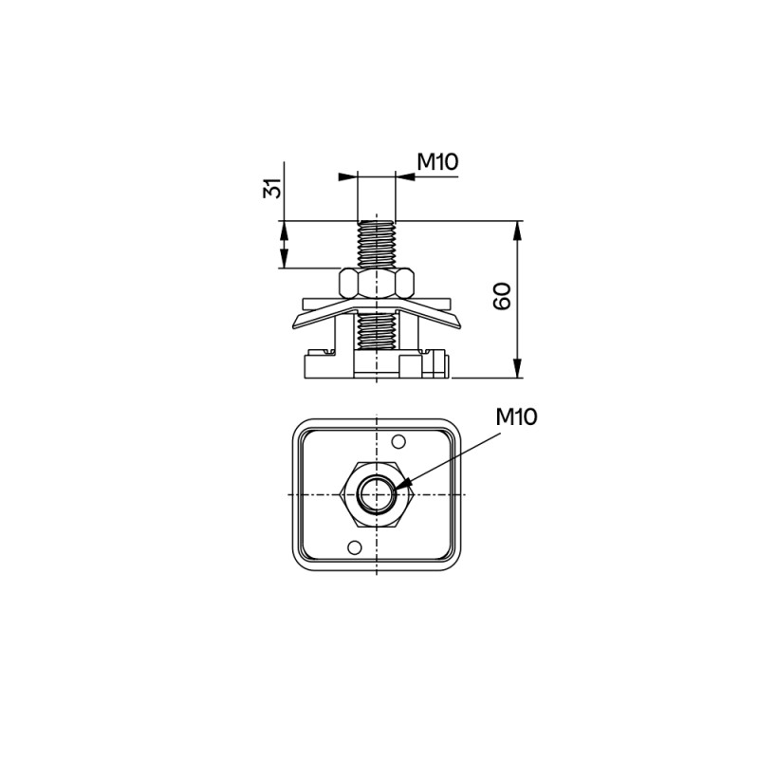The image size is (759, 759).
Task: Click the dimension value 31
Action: click(x=272, y=188)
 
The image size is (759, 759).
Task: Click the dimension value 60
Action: click(x=502, y=296)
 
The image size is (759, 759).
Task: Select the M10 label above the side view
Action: click(x=437, y=161)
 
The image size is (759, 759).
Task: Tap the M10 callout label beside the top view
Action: click(x=516, y=417)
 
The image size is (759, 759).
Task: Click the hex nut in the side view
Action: click(x=377, y=283)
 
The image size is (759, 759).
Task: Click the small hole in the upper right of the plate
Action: click(x=398, y=441)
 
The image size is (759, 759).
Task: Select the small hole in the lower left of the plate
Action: click(x=355, y=547)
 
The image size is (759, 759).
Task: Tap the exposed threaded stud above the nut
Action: click(x=377, y=244)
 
